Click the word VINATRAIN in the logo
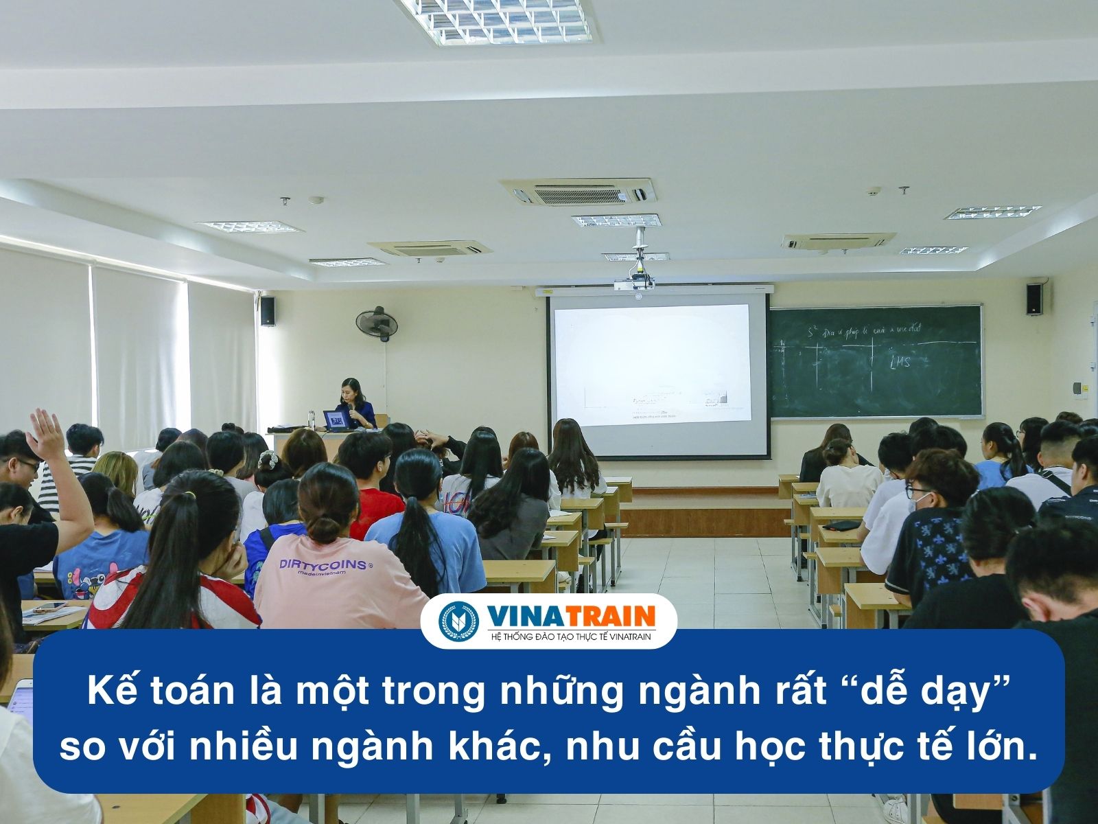(570, 615)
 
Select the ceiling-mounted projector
(636, 281)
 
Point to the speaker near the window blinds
(268, 310)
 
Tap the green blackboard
(875, 360)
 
